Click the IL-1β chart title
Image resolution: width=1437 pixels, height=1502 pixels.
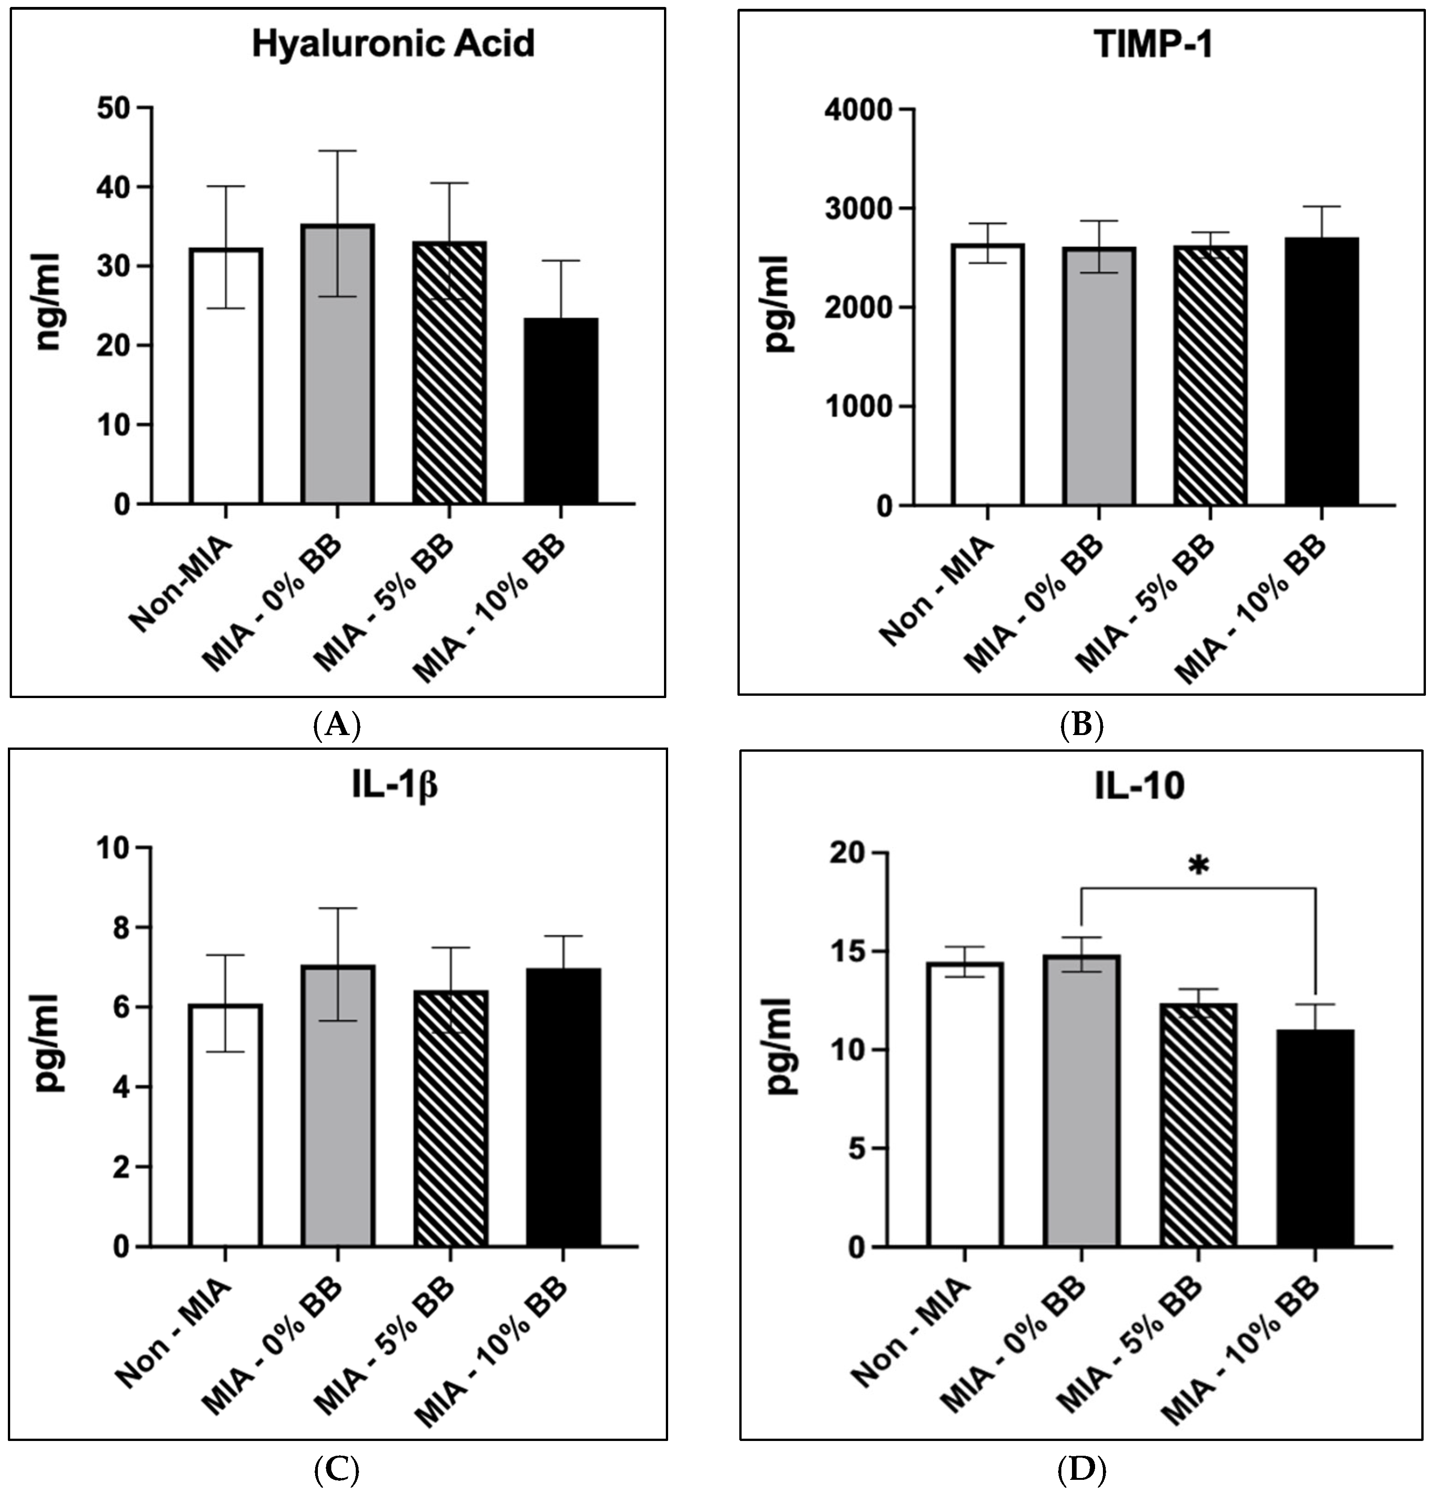(395, 787)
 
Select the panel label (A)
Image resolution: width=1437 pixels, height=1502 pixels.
(337, 723)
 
